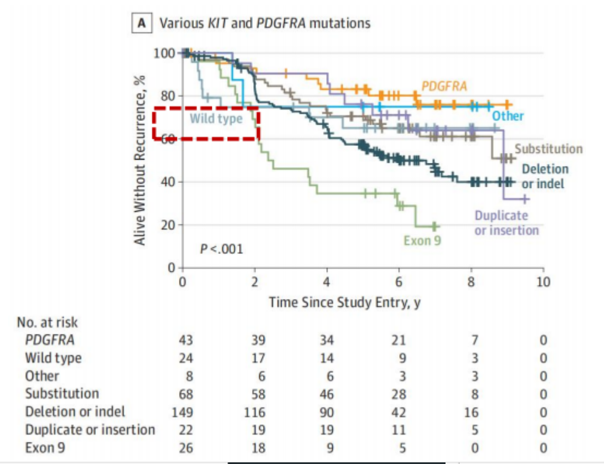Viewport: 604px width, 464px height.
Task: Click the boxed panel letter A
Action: pos(143,23)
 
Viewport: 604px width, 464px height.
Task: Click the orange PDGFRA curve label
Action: pos(444,86)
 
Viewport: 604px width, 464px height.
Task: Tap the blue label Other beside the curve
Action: pos(508,115)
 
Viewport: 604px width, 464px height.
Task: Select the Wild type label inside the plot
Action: pos(216,118)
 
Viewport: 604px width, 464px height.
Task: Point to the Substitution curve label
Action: pos(548,149)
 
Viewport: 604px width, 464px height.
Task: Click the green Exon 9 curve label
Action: pos(422,240)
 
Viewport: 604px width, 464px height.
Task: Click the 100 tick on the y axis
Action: pos(164,53)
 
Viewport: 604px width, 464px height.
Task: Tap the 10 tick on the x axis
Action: pos(543,282)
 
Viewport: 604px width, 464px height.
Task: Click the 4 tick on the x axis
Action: pos(327,282)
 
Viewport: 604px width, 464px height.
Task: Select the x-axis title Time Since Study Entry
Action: pos(344,303)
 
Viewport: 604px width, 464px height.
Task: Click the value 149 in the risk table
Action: pos(182,412)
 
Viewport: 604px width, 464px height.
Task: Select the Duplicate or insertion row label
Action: pos(90,430)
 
